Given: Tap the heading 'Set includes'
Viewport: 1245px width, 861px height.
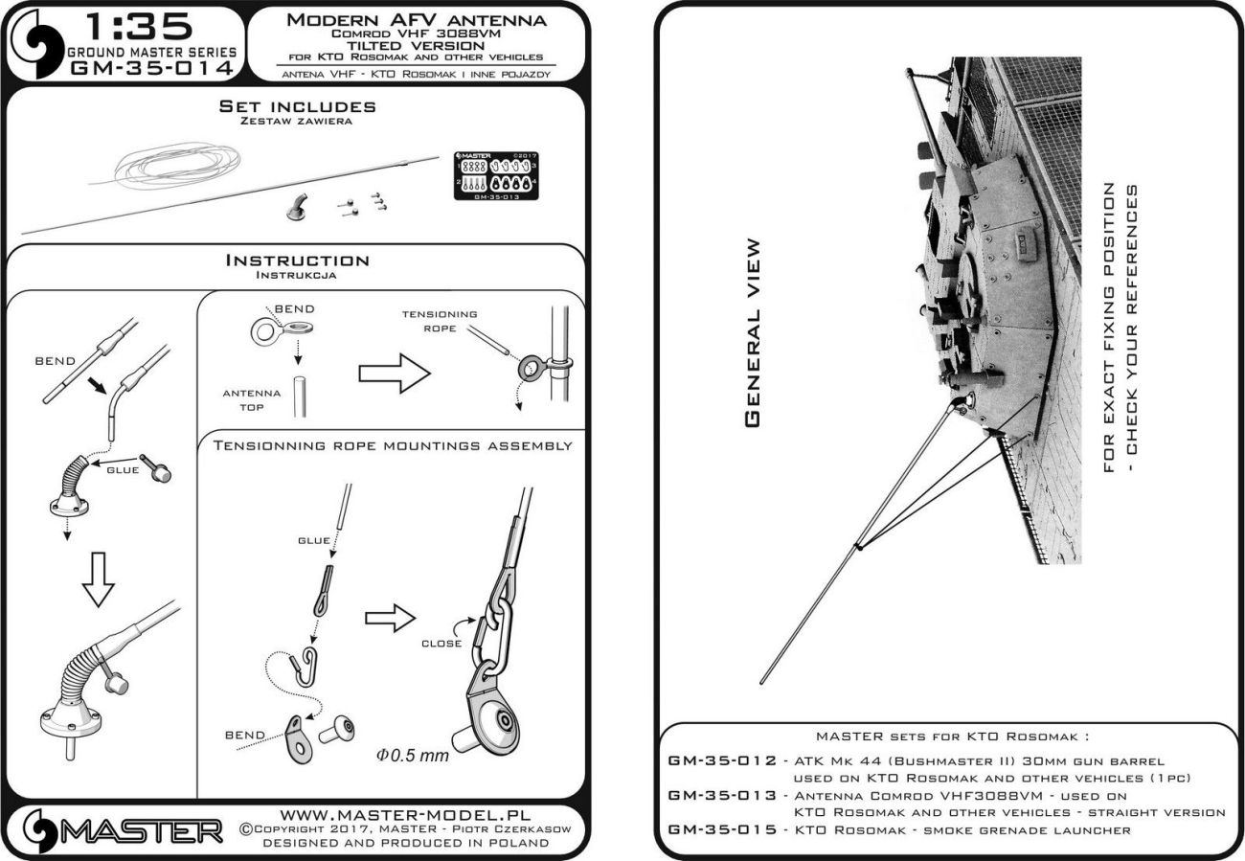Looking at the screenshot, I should coord(297,106).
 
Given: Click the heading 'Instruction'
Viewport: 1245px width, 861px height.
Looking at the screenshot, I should coord(297,261).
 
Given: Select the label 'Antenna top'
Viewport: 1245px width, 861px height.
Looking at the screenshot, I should coord(252,399).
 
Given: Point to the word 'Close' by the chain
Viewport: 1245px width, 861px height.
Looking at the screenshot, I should coord(441,644).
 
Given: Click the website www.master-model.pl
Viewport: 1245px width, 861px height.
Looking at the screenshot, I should coord(396,811).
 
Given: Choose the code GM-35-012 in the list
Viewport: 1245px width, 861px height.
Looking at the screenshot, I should coord(720,759).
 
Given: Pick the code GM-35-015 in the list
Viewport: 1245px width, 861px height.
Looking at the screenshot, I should coord(720,829).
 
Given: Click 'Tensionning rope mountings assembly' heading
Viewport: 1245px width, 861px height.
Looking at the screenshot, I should coord(393,445).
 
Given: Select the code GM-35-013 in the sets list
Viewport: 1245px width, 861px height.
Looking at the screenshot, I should coord(720,795).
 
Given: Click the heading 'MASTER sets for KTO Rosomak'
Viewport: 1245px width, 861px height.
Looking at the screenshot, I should coord(953,737).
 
